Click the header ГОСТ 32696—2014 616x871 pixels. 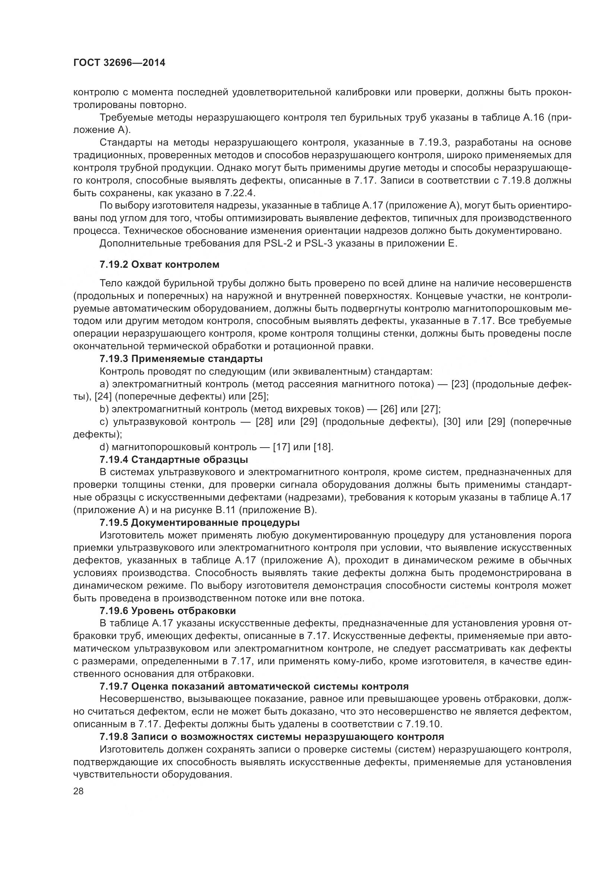tap(119, 63)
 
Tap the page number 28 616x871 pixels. tap(79, 791)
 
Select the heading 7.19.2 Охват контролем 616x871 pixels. tap(159, 264)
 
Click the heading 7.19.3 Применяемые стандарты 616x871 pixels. tap(181, 359)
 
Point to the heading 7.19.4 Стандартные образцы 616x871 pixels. tap(174, 460)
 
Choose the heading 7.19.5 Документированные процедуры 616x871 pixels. tap(200, 522)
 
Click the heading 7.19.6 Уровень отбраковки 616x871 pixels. tap(168, 611)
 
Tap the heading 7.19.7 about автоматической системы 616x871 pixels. tap(254, 686)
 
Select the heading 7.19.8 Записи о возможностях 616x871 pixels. tap(272, 737)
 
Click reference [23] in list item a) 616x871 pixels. tap(460, 384)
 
